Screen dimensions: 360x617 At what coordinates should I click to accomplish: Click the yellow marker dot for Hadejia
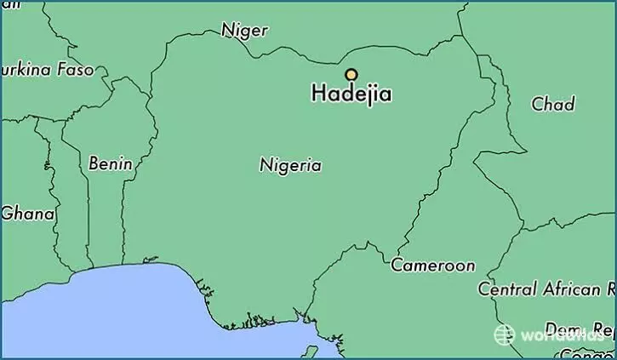[x=351, y=74]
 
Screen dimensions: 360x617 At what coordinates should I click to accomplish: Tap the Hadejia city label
[x=351, y=94]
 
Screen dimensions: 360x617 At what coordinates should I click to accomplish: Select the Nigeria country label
[x=290, y=165]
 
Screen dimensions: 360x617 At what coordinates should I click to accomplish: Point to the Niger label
[x=244, y=31]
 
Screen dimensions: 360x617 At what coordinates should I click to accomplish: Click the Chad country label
[x=553, y=104]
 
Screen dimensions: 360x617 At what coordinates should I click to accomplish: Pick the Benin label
[x=110, y=163]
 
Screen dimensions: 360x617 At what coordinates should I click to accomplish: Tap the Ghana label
[x=28, y=214]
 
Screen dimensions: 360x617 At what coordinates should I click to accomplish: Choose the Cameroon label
[x=432, y=266]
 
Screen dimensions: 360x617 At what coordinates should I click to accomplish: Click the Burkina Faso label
[x=47, y=70]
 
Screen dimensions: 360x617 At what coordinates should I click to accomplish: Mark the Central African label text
[x=546, y=289]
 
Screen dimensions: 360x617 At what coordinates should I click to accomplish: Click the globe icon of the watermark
[x=504, y=334]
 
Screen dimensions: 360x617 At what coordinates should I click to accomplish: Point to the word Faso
[x=75, y=70]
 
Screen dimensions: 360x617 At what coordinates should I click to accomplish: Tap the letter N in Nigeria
[x=265, y=165]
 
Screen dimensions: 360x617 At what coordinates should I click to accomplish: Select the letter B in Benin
[x=93, y=163]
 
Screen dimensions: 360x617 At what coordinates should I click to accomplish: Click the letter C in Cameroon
[x=397, y=266]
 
